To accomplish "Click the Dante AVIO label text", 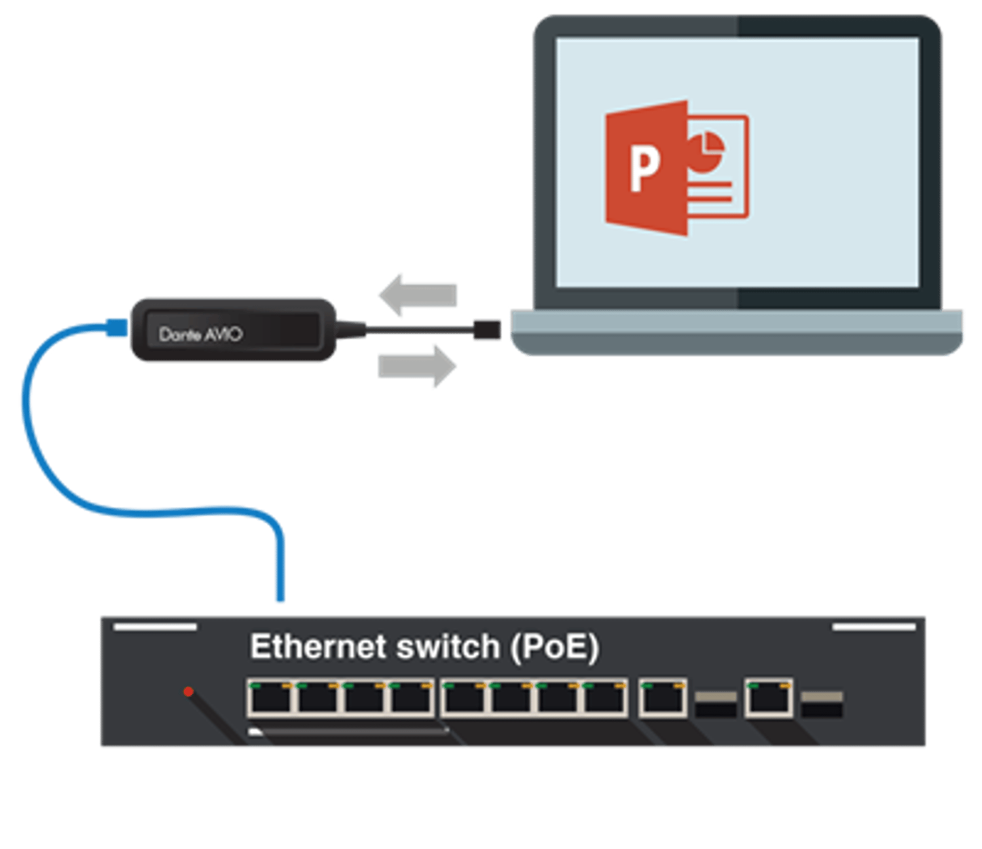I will (200, 334).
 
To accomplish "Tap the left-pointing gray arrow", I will (419, 295).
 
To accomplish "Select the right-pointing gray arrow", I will (417, 365).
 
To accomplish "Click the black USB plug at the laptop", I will (487, 329).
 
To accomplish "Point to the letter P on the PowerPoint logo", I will (644, 168).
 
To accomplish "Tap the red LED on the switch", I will (189, 691).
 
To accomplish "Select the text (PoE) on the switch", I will (555, 647).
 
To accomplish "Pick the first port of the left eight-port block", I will (270, 698).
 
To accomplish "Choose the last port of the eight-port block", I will (606, 698).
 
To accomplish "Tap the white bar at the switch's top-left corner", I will (155, 627).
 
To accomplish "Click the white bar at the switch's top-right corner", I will (874, 627).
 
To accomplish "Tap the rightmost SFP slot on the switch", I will (822, 703).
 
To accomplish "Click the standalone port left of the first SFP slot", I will (663, 698).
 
